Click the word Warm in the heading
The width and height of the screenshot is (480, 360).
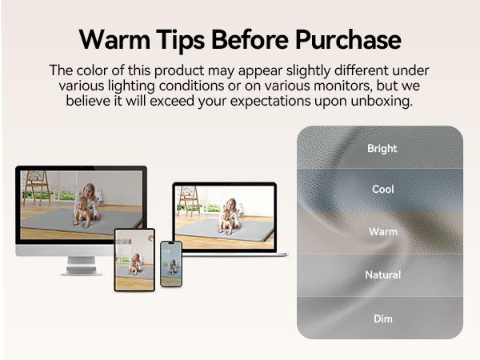[x=114, y=39]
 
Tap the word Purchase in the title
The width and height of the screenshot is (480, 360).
[x=348, y=39]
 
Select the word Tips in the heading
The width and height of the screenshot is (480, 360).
[x=180, y=41]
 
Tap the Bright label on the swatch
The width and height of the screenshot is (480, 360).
[x=382, y=149]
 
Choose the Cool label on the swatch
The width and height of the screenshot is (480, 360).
[x=382, y=189]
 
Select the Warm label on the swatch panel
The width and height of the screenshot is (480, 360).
[x=383, y=232]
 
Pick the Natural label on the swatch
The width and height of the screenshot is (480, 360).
[x=382, y=274]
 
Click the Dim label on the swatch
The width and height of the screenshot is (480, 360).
[x=382, y=318]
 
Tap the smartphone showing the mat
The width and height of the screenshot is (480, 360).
[x=171, y=264]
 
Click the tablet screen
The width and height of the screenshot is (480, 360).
[x=134, y=260]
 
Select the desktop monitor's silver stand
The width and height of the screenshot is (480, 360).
[x=82, y=266]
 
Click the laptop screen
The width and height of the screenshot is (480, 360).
[x=224, y=217]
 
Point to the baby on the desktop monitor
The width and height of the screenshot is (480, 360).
[x=82, y=211]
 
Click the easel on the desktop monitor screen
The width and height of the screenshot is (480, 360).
[x=37, y=187]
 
